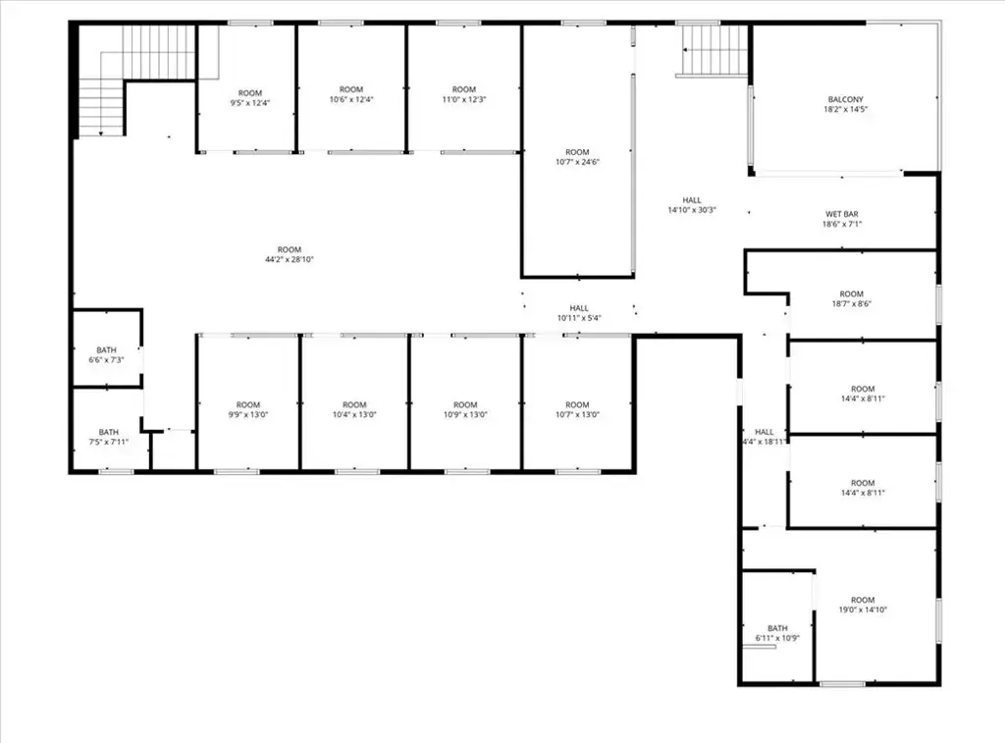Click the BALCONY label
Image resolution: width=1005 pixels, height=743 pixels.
point(845,99)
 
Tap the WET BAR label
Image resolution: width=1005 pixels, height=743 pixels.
point(841,214)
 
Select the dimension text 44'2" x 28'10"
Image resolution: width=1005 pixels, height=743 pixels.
point(290,260)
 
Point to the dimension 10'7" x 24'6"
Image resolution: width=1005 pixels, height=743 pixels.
point(577,162)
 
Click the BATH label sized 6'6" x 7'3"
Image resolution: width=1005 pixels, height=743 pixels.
point(106,350)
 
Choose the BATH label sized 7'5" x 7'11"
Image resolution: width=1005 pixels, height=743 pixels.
point(108,432)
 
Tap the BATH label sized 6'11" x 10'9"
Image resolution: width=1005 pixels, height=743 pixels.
point(777,628)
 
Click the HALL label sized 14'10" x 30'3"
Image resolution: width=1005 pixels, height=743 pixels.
point(692,200)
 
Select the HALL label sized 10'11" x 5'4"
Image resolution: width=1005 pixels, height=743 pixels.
point(579,308)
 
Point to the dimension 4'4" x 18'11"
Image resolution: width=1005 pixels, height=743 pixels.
point(764,442)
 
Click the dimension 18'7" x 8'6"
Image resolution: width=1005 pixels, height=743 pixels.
point(851,304)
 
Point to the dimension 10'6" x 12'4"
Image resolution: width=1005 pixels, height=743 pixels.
point(351,99)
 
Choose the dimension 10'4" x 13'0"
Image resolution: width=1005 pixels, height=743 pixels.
point(354,415)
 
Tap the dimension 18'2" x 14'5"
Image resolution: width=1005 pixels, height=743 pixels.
point(845,110)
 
